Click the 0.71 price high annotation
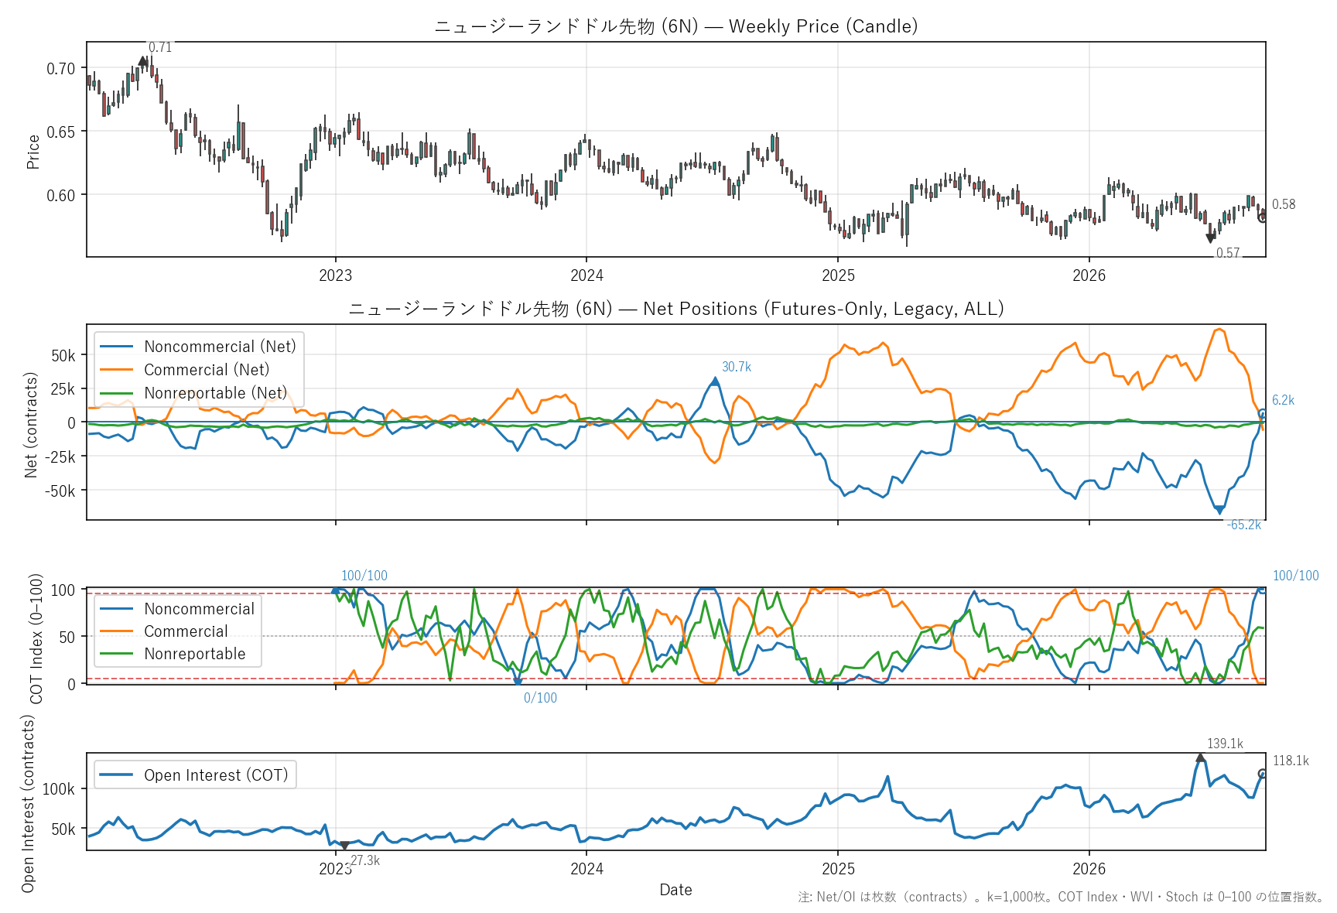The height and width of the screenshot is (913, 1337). pos(160,48)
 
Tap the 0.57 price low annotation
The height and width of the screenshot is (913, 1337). pos(1228,253)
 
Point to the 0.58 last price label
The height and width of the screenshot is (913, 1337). pos(1284,204)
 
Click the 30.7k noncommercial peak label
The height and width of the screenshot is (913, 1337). pos(737,367)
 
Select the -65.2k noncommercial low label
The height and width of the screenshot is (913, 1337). pos(1244,525)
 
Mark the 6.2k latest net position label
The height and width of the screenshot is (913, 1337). pos(1284,400)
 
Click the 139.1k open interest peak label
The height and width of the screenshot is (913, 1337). pos(1225,744)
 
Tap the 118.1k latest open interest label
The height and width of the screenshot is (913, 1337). pos(1291,761)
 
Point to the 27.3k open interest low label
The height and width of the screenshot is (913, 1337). pos(365,860)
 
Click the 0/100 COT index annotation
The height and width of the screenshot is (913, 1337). pos(540,698)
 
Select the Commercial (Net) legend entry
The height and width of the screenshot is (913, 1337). pos(207,370)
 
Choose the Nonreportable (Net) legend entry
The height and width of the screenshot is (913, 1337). pos(215,393)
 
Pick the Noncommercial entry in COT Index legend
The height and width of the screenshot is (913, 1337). pos(199,609)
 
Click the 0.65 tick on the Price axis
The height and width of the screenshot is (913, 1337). pos(61,132)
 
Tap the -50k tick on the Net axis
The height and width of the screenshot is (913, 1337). pos(60,491)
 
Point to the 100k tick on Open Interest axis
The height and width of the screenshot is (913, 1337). pos(59,789)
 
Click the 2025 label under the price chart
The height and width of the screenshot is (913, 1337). pos(838,275)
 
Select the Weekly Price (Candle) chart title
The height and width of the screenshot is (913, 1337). pos(823,26)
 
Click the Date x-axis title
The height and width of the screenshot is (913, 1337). pos(675,890)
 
